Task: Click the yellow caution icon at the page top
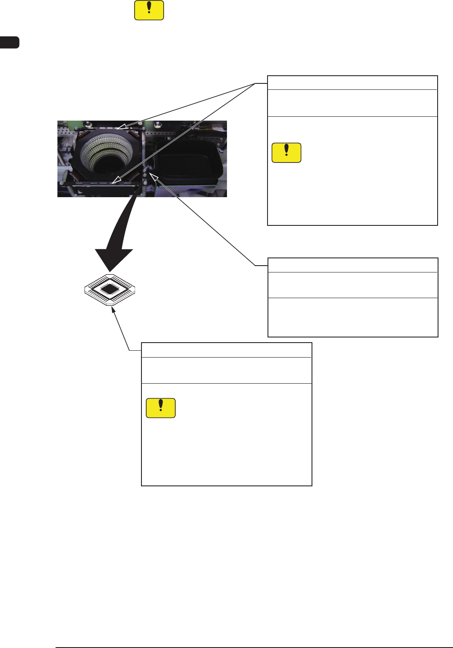point(149,10)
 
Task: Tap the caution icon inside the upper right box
point(286,153)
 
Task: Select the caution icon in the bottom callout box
point(161,408)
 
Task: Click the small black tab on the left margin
point(9,42)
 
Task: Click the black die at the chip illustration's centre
point(110,290)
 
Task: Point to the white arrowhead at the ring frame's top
point(121,127)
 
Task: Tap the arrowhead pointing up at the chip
point(112,311)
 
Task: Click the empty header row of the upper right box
point(352,83)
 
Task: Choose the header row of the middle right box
point(352,265)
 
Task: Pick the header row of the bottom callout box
point(226,350)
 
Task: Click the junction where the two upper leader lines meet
point(256,83)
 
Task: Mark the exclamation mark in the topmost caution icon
point(149,9)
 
